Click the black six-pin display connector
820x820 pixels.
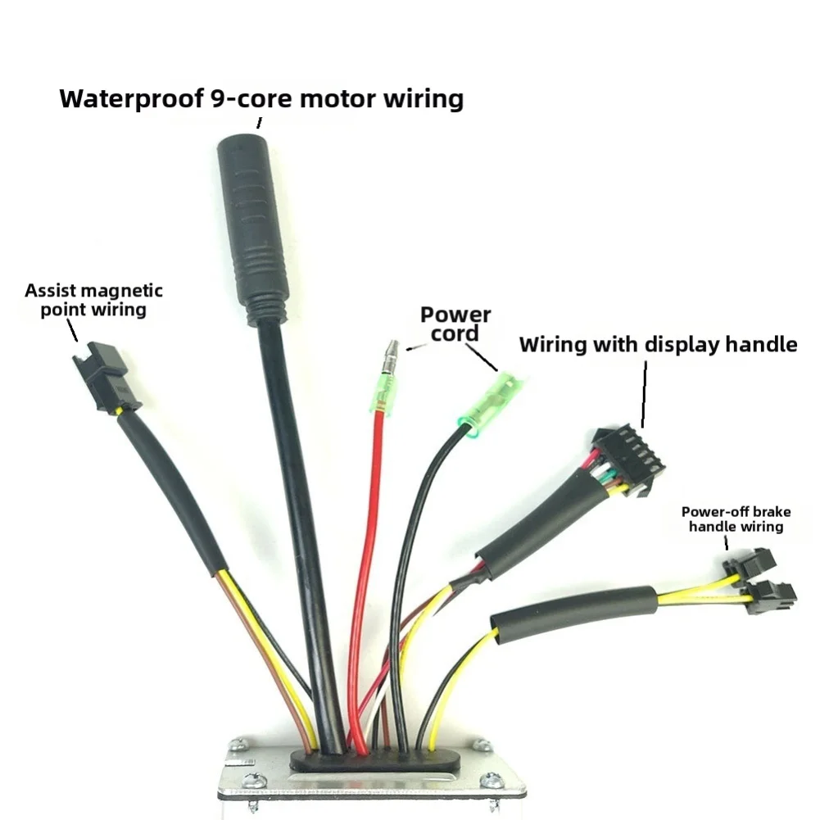pos(627,460)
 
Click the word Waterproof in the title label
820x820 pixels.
pos(131,99)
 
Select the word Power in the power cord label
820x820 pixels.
pos(455,315)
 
